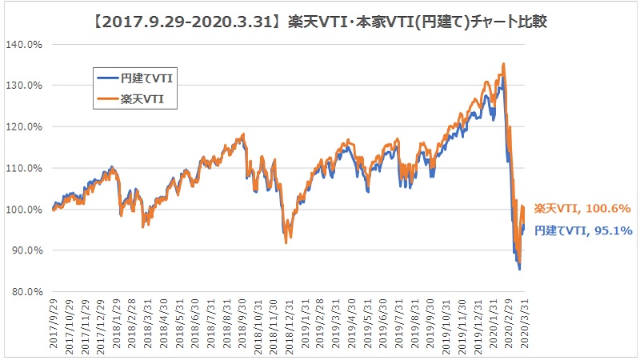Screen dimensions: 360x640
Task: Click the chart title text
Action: pos(320,17)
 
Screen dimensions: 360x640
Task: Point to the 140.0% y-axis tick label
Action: pos(26,44)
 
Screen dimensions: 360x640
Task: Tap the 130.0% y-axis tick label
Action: pos(26,86)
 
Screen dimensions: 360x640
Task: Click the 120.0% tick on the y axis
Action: pos(26,126)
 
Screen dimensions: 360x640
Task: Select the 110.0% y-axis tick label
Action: pos(26,168)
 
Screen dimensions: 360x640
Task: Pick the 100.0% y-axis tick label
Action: pos(26,210)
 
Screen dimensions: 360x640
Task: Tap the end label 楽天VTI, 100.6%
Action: pos(581,209)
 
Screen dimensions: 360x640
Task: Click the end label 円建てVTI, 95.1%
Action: pos(583,230)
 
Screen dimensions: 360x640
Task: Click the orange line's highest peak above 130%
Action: pos(502,63)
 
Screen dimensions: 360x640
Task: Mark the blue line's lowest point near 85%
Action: pos(520,270)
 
